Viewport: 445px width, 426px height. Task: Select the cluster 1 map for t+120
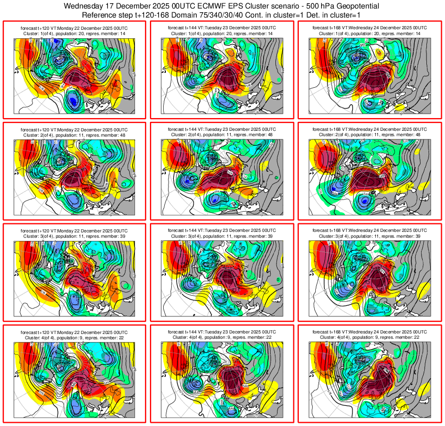click(74, 74)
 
